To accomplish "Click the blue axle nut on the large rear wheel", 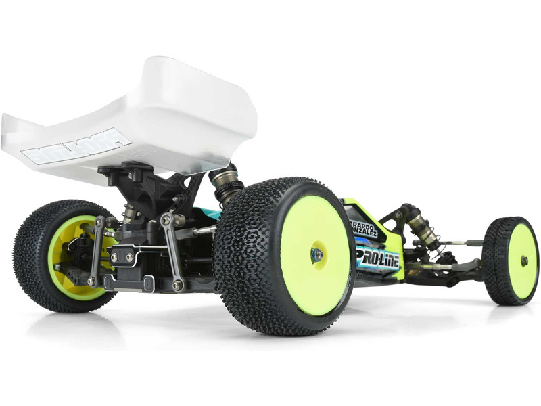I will (316, 254).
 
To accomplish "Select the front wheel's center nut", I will (524, 260).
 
